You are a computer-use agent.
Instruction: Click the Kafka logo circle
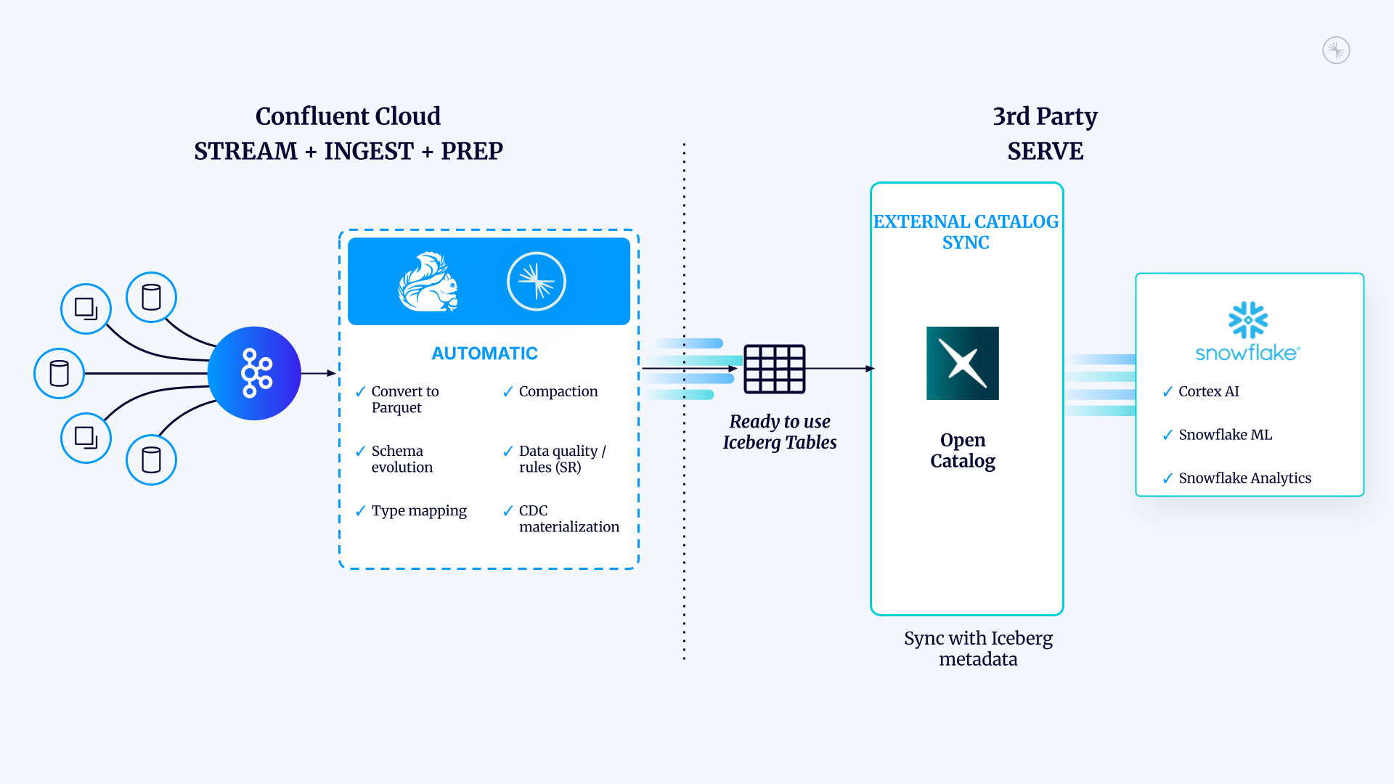coord(254,373)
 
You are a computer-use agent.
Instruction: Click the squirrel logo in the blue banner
coord(428,282)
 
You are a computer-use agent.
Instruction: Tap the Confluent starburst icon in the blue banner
coord(537,282)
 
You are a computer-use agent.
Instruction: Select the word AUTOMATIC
coord(484,354)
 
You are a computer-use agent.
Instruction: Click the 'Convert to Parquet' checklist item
coord(397,399)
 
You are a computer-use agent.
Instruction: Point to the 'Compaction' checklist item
coord(550,391)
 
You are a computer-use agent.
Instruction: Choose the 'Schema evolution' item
coord(394,459)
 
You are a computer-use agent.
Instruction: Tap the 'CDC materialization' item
coord(561,518)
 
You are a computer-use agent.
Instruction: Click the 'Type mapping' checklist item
coord(411,511)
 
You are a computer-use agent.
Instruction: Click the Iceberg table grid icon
coord(775,369)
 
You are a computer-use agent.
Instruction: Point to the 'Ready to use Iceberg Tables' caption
coord(780,432)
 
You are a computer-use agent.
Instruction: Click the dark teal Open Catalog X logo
coord(963,363)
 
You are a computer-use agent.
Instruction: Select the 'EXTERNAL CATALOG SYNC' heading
coord(966,232)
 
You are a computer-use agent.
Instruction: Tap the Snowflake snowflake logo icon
coord(1248,320)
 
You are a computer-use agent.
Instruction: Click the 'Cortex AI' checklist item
coord(1201,391)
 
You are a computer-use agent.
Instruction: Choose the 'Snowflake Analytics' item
coord(1236,478)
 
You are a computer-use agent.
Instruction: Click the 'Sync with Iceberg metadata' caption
coord(978,648)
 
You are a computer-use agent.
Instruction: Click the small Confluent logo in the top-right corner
coord(1336,50)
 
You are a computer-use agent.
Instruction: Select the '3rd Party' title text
coord(1045,116)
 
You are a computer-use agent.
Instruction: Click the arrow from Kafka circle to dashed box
coord(319,373)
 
